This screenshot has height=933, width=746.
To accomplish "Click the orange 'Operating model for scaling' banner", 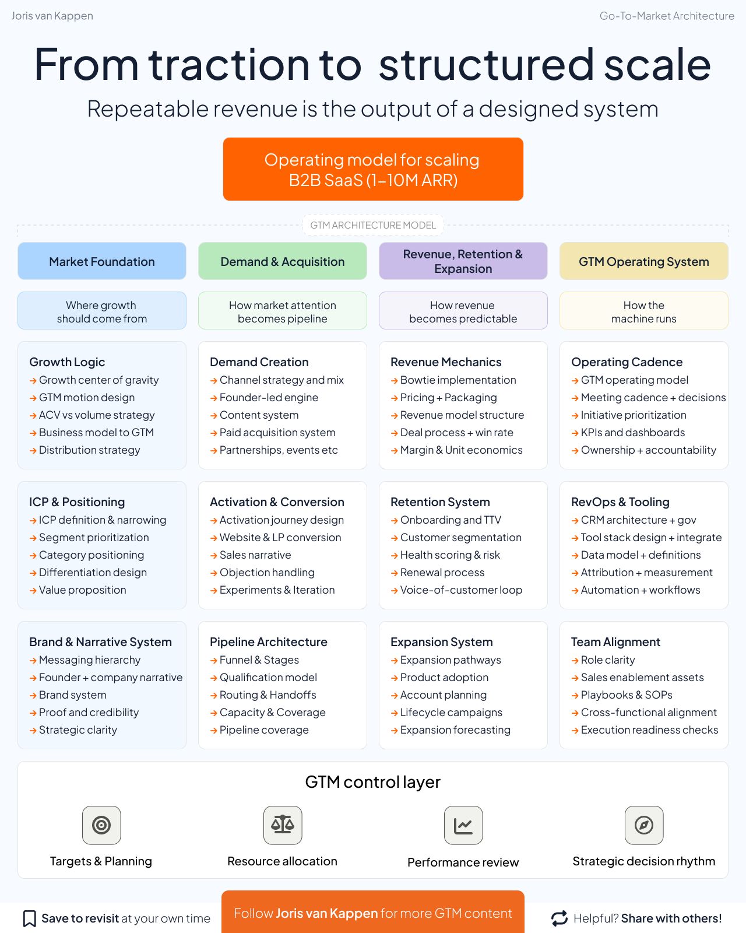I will (373, 169).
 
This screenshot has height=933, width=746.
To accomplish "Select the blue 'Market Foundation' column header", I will (102, 261).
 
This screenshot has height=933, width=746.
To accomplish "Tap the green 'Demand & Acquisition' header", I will (283, 261).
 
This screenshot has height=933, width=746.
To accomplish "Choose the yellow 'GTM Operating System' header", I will (644, 261).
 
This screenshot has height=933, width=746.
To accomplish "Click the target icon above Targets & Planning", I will (101, 825).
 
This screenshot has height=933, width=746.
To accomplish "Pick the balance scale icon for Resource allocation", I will (283, 825).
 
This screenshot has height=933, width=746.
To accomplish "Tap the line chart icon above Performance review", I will (463, 825).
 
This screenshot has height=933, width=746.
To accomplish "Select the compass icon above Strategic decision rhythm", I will (644, 825).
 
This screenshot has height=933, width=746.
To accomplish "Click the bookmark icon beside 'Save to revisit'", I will (29, 918).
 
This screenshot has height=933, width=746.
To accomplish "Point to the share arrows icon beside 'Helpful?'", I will (559, 918).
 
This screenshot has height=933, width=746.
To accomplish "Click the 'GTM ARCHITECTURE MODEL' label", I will (373, 225).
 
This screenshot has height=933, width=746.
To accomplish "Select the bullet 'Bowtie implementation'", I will (458, 380).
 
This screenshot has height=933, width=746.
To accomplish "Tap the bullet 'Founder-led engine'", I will (269, 398).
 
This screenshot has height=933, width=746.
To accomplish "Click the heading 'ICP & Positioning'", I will (77, 502).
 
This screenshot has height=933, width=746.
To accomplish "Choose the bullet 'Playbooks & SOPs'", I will (627, 695).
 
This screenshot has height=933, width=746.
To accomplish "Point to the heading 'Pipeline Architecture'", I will (269, 642).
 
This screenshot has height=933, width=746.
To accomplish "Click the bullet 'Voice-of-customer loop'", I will (461, 590).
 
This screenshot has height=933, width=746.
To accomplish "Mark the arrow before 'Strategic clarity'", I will (33, 731).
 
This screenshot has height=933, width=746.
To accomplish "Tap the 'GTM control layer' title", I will (373, 782).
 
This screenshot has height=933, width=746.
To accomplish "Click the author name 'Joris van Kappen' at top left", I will (52, 16).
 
